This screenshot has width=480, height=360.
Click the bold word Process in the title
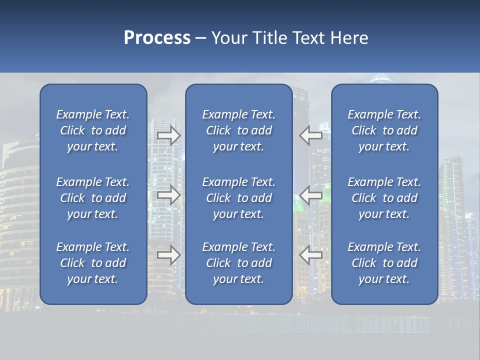157,38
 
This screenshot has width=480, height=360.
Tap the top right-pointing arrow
169,135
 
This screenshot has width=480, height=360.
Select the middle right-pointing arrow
169,195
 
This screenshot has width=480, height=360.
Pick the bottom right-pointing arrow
169,255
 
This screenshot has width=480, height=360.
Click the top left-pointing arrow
310,135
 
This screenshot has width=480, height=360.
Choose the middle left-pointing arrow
310,195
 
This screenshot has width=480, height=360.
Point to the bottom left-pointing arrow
310,255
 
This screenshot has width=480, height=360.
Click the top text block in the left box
93,130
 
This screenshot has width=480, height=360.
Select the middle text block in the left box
93,198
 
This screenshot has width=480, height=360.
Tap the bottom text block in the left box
93,263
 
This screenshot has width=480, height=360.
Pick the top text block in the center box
238,130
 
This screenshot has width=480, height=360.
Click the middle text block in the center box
238,198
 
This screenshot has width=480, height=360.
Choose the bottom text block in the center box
238,263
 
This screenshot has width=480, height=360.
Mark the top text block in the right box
384,130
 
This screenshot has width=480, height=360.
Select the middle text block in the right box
384,198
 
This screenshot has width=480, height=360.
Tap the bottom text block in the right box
384,263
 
